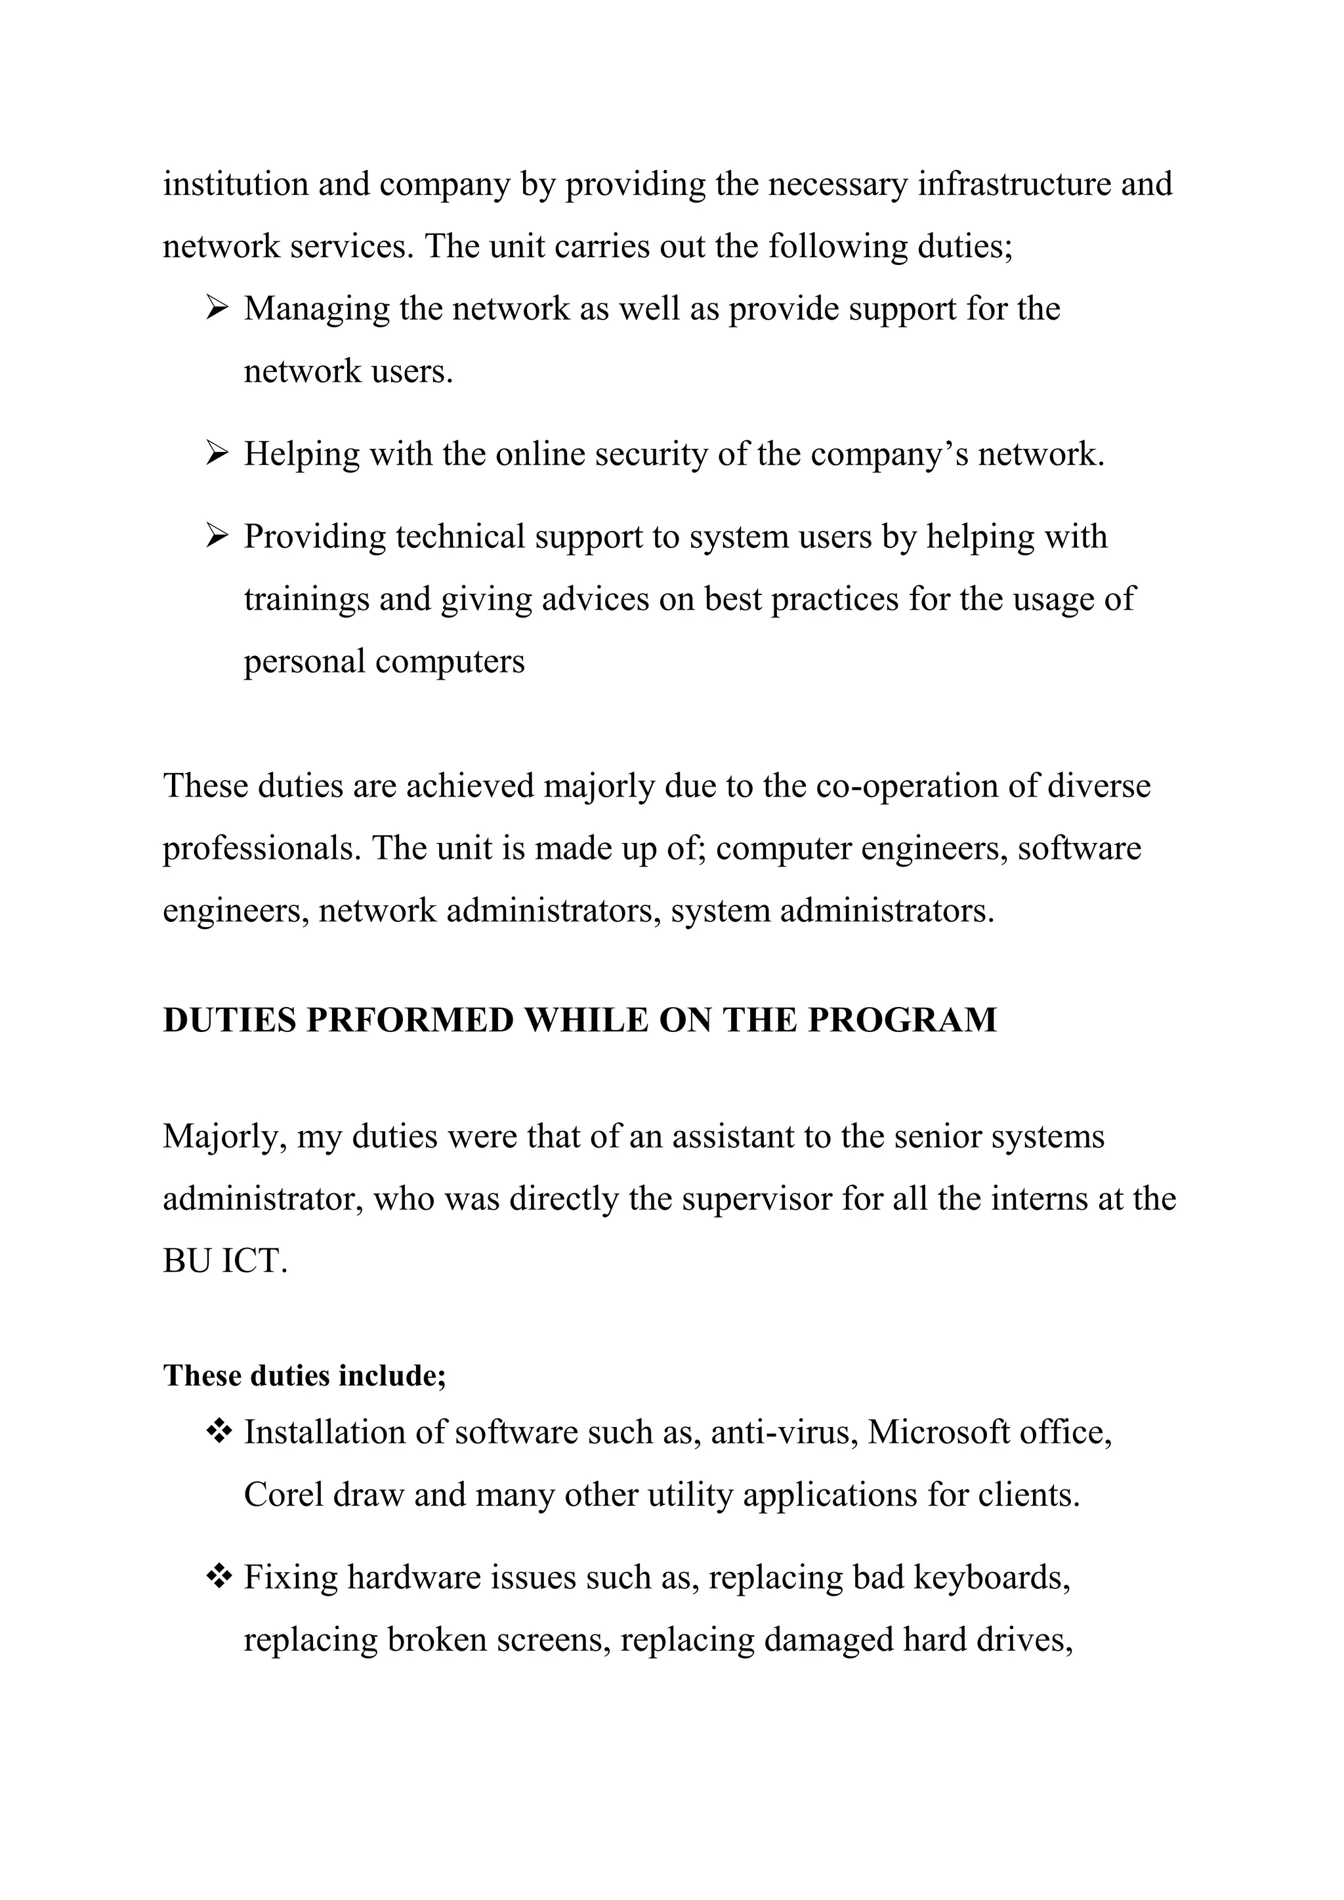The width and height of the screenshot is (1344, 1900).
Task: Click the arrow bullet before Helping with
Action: pyautogui.click(x=216, y=454)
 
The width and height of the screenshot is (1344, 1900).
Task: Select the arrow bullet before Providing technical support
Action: pyautogui.click(x=216, y=537)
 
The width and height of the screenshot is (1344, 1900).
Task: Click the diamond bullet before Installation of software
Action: pyautogui.click(x=219, y=1431)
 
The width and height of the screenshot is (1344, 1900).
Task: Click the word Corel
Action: pyautogui.click(x=282, y=1495)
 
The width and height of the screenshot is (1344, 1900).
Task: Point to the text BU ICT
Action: pyautogui.click(x=224, y=1261)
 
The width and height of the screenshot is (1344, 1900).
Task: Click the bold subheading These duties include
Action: pyautogui.click(x=304, y=1375)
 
